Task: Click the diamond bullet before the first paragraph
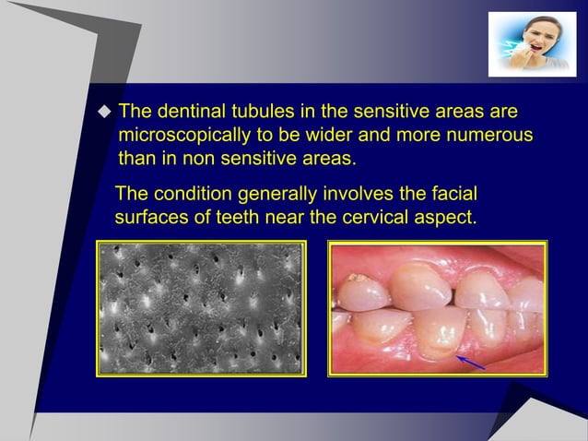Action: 104,114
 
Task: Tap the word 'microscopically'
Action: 183,137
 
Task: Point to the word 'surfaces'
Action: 149,218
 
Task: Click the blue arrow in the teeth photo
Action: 471,361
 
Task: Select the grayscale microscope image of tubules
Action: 201,307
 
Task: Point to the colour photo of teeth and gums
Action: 437,308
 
